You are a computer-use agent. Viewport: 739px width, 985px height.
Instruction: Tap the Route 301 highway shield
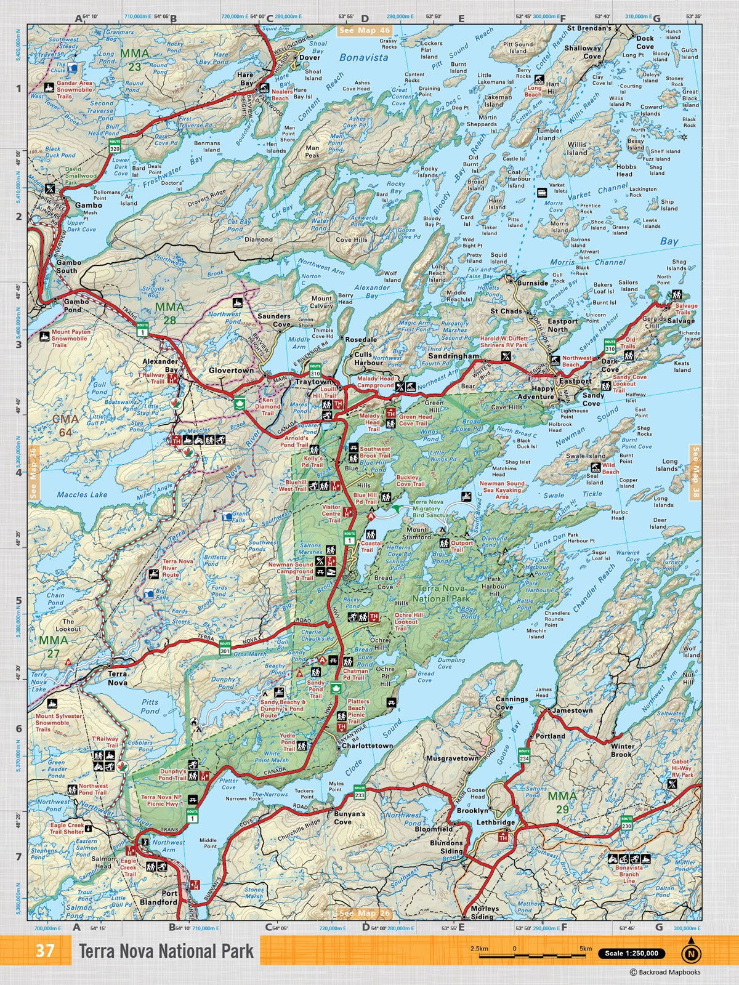224,649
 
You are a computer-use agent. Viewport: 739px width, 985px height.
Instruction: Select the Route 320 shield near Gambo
115,146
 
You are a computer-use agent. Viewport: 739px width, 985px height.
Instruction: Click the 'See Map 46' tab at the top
364,30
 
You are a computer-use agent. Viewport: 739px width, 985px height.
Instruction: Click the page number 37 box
45,951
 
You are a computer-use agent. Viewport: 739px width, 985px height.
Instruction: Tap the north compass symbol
691,952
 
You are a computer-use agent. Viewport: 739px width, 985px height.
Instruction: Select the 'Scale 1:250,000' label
631,954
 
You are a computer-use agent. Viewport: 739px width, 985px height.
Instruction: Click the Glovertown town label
231,371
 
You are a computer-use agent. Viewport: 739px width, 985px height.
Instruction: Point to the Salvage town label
680,321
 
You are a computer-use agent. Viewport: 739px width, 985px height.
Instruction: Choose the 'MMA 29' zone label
562,802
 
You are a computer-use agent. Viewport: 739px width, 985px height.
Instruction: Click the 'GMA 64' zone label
65,425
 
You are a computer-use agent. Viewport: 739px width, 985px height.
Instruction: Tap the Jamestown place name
573,710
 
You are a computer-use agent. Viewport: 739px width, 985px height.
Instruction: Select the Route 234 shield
524,755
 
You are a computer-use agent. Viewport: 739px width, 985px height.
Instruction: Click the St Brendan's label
589,28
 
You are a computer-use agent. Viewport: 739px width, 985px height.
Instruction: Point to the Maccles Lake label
82,494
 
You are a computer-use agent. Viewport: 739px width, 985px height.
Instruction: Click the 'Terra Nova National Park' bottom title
166,951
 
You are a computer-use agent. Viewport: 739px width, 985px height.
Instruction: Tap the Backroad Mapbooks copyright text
664,972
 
